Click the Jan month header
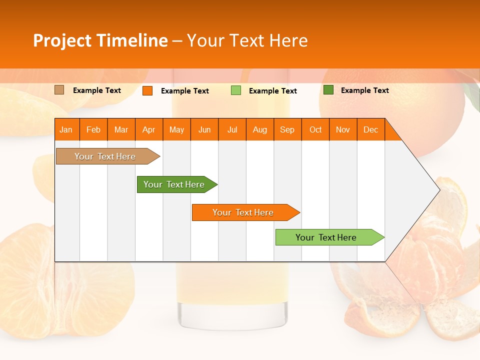[x=66, y=129]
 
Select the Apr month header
[x=149, y=129]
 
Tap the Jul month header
[x=232, y=129]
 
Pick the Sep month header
[x=287, y=129]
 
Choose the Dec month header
[x=370, y=129]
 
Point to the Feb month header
[x=93, y=129]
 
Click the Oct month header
[x=315, y=129]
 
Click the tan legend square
[x=59, y=90]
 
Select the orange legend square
[x=147, y=90]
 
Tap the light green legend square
[x=235, y=90]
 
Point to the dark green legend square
[x=328, y=90]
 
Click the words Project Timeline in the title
[x=100, y=40]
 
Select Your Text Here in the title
[x=247, y=40]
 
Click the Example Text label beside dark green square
[x=364, y=90]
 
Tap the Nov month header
[x=343, y=129]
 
